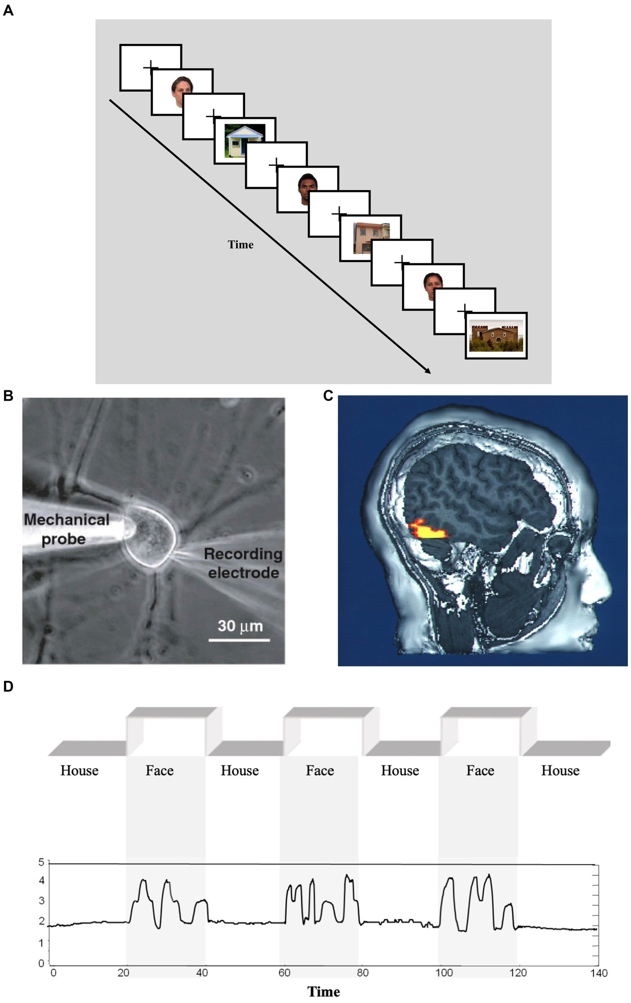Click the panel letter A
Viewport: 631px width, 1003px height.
point(8,10)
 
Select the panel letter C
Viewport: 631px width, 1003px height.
point(328,395)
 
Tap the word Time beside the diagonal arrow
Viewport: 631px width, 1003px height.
point(241,244)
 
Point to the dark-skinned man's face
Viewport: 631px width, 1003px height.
point(308,188)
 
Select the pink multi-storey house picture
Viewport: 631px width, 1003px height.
point(371,238)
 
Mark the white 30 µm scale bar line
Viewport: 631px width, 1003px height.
point(239,640)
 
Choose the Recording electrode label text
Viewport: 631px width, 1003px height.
point(243,563)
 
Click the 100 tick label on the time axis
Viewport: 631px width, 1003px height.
point(444,972)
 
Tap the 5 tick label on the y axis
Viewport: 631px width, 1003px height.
point(41,862)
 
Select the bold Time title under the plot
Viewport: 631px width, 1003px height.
point(323,992)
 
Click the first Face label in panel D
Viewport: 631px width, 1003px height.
point(159,771)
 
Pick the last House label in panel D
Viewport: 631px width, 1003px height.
point(560,771)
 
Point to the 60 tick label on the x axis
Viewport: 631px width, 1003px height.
point(284,972)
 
